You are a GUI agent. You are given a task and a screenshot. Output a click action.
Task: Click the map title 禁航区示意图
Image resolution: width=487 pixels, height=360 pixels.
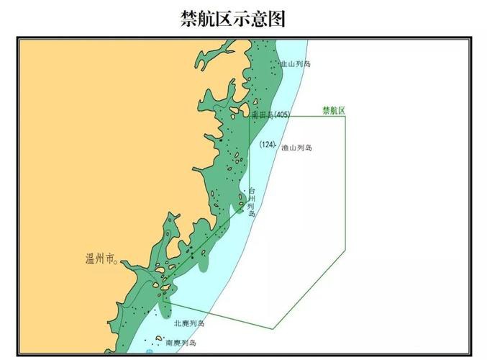click(232, 19)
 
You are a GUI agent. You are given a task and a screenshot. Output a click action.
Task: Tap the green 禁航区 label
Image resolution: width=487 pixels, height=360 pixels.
click(334, 111)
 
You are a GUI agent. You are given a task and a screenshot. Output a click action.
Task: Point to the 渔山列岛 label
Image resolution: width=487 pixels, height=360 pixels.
click(296, 147)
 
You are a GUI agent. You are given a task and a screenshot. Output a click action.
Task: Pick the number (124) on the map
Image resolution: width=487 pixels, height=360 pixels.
click(268, 145)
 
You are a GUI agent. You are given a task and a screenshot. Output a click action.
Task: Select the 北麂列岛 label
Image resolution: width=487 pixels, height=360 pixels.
click(189, 323)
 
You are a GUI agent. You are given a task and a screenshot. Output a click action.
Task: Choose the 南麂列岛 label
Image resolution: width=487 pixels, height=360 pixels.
click(181, 343)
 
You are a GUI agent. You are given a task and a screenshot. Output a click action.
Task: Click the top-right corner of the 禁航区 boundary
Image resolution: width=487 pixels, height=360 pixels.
click(345, 117)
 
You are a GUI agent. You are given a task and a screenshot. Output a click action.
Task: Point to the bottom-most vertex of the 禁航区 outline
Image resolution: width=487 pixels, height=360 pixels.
click(273, 328)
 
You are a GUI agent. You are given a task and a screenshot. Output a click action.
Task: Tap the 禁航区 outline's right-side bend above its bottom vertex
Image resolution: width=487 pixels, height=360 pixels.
click(345, 252)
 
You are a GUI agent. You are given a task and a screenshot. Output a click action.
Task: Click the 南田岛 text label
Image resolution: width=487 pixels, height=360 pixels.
click(263, 115)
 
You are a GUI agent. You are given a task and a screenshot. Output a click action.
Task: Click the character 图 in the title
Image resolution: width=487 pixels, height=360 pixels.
click(277, 19)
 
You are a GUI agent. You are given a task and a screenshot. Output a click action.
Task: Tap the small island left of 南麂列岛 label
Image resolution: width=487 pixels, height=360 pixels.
click(159, 338)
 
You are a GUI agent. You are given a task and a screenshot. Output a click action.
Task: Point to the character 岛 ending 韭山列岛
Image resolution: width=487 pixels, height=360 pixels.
click(308, 63)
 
